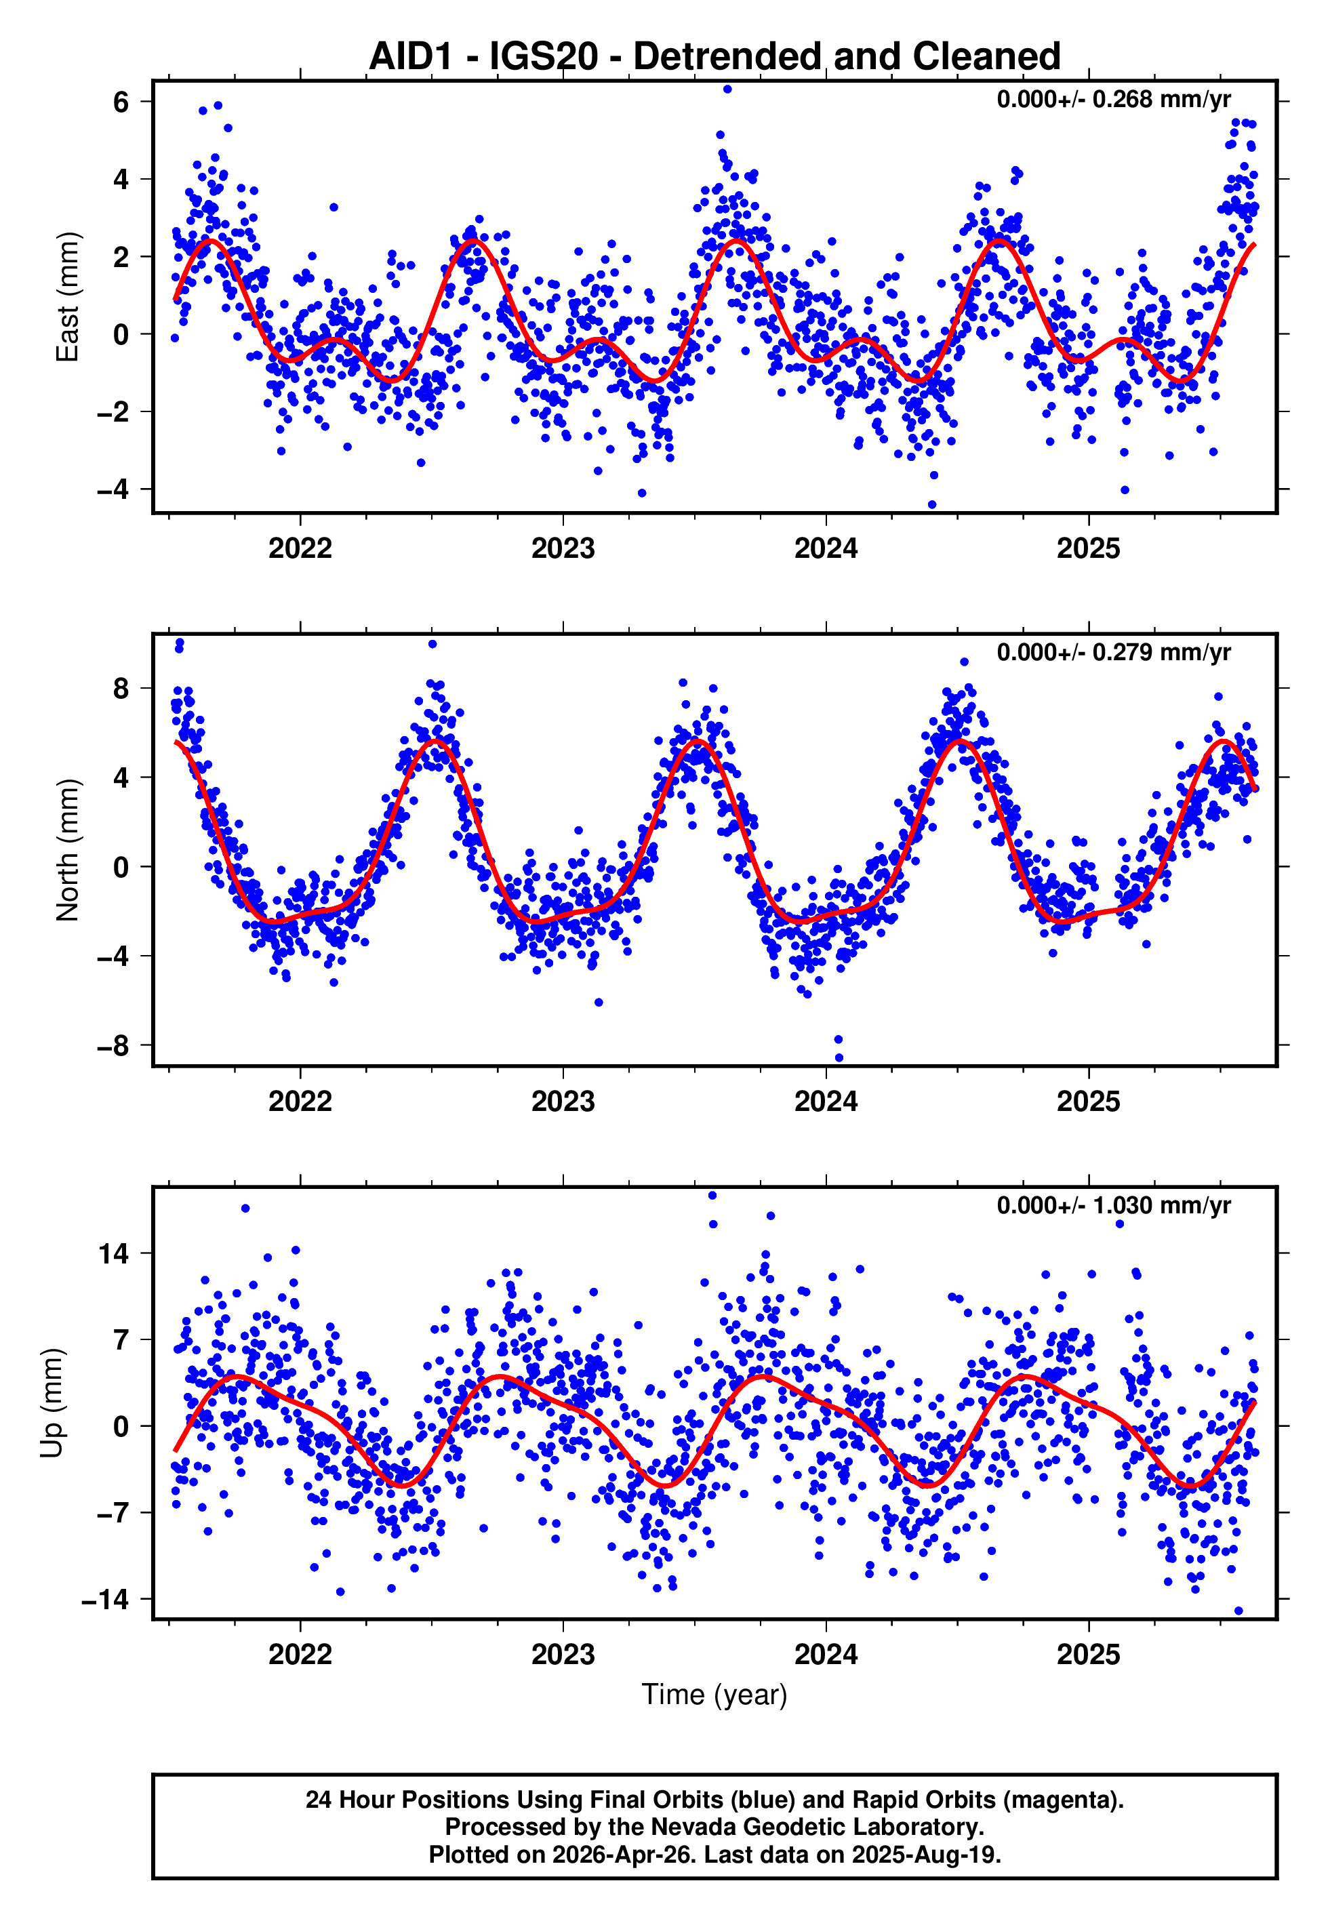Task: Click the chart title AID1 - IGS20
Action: tap(714, 57)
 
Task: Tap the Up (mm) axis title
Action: tap(52, 1403)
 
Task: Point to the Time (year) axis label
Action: tap(714, 1695)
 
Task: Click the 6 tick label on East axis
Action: tap(121, 102)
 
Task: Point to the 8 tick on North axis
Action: tap(121, 688)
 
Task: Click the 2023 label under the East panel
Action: tap(563, 549)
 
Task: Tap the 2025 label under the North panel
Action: tap(1088, 1101)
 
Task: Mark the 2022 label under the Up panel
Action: tap(300, 1655)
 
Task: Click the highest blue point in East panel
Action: tap(727, 89)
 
